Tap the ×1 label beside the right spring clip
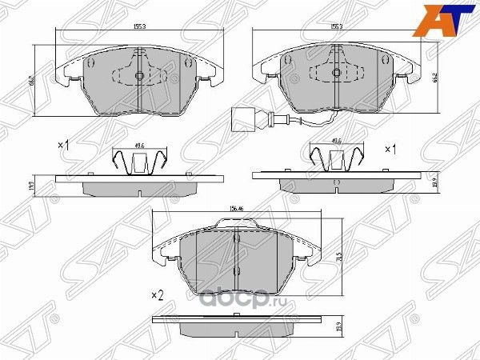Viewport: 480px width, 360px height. click(392, 149)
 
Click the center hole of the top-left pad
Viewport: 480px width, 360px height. click(138, 77)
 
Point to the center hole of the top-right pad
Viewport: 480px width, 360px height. click(337, 76)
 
